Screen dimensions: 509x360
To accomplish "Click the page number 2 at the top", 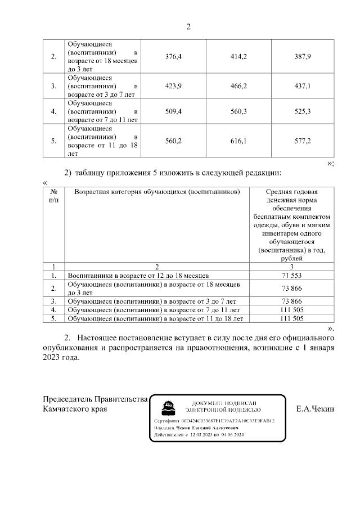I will coord(188,26).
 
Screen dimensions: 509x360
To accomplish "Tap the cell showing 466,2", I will coord(238,86).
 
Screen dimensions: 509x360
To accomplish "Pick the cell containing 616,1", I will coord(238,141).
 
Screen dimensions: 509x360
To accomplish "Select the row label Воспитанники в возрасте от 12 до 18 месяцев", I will coord(138,276).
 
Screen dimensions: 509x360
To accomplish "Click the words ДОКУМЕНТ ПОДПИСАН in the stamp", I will coord(224,403).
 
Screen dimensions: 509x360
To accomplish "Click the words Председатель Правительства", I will coord(96,399).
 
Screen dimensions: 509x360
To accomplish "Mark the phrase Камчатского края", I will coord(75,409).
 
